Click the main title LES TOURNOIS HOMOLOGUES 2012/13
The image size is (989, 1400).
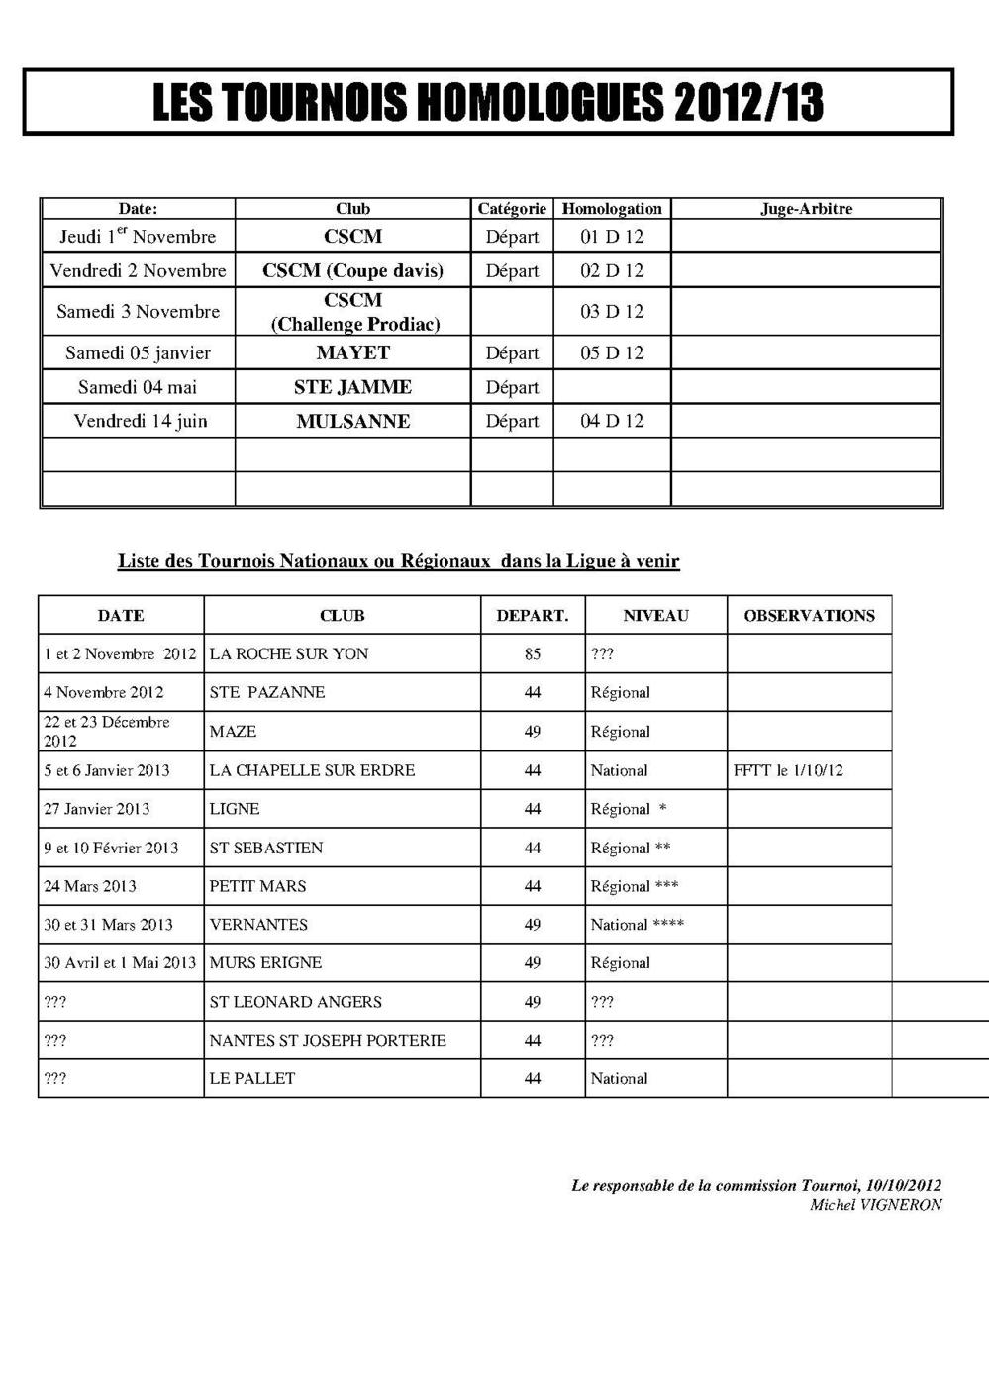click(488, 102)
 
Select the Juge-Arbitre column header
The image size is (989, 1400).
click(806, 209)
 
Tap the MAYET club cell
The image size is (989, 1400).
click(352, 352)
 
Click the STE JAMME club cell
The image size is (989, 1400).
click(352, 387)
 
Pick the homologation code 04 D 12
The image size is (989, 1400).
click(612, 421)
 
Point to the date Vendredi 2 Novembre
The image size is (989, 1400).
click(138, 270)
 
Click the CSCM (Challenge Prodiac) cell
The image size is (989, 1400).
click(354, 312)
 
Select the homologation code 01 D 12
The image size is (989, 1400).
click(612, 237)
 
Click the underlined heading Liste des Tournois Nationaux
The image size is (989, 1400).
click(398, 561)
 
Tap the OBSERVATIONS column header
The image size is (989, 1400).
click(809, 615)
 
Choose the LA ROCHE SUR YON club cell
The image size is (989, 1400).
click(289, 653)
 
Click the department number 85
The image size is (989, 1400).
click(533, 653)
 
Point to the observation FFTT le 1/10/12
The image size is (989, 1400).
click(788, 770)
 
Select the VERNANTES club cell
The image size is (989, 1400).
click(258, 924)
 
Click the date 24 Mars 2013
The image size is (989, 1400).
click(90, 886)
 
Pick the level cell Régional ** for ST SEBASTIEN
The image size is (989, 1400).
click(631, 848)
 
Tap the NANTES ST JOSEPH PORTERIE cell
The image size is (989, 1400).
click(328, 1040)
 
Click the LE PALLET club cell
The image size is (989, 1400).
click(252, 1078)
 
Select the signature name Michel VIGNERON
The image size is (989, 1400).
click(875, 1205)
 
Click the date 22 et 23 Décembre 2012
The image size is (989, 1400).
click(106, 731)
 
